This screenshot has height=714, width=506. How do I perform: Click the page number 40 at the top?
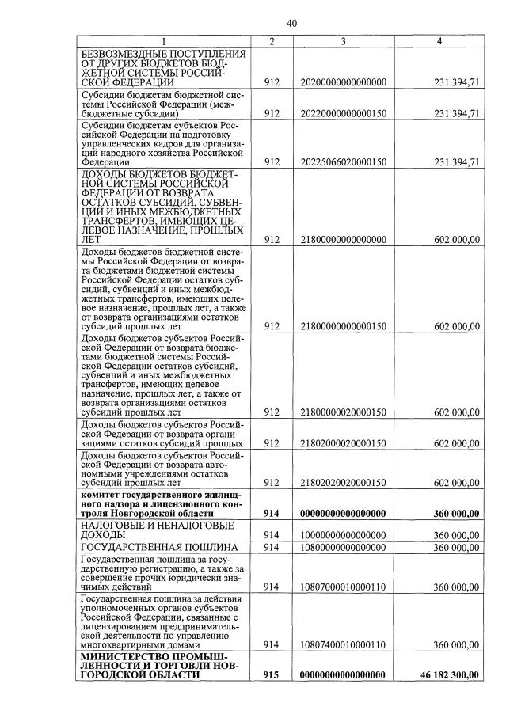pyautogui.click(x=291, y=23)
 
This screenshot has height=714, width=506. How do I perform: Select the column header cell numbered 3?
pyautogui.click(x=344, y=41)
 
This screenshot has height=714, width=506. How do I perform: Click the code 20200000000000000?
pyautogui.click(x=344, y=82)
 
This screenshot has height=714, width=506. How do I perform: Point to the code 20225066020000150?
pyautogui.click(x=344, y=162)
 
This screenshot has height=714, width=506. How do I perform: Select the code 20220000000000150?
pyautogui.click(x=344, y=113)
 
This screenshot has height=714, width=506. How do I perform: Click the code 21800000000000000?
pyautogui.click(x=344, y=240)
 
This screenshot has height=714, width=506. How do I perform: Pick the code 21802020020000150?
pyautogui.click(x=344, y=483)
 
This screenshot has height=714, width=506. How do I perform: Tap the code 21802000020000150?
pyautogui.click(x=344, y=443)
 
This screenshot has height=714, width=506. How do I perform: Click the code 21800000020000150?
pyautogui.click(x=344, y=412)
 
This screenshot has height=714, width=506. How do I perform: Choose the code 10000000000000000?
pyautogui.click(x=344, y=535)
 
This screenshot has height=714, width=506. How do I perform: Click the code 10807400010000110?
pyautogui.click(x=344, y=645)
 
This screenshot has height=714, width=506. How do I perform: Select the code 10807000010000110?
pyautogui.click(x=344, y=587)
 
